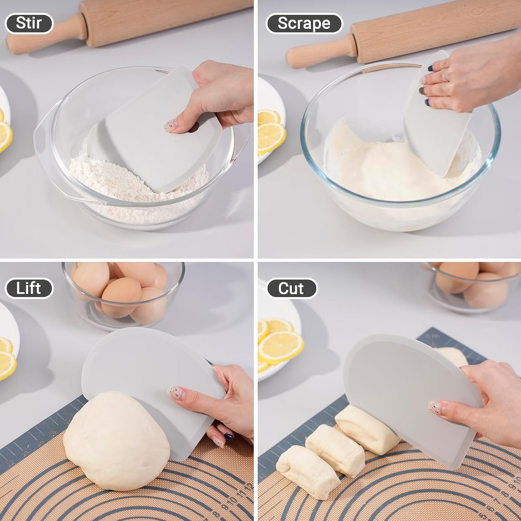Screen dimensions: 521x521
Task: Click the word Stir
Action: click(x=29, y=23)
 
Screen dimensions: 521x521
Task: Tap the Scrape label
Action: click(x=304, y=23)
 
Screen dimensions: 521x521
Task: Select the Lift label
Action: click(x=29, y=288)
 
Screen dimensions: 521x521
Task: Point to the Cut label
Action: click(x=291, y=288)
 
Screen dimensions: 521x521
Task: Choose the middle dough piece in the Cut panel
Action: click(x=335, y=449)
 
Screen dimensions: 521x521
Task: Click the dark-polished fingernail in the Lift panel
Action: click(x=229, y=437)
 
